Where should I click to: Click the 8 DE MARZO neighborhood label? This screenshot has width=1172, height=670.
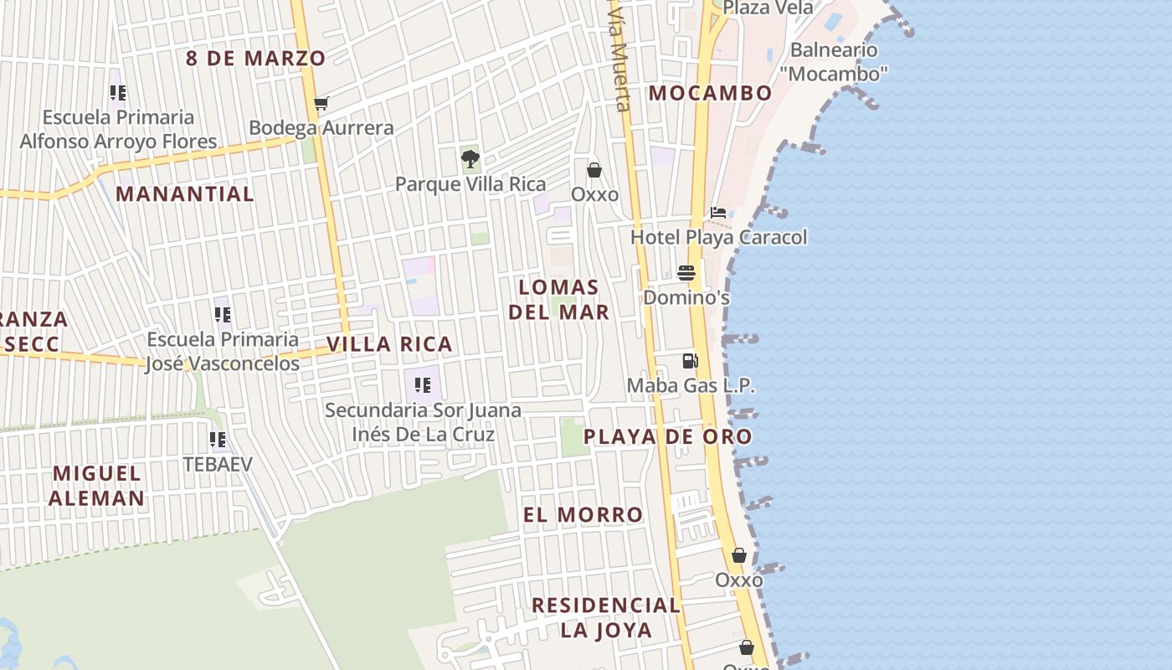tap(255, 59)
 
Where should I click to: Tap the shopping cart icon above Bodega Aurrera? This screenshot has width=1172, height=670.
tap(321, 104)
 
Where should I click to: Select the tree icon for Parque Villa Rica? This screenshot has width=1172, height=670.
tap(470, 157)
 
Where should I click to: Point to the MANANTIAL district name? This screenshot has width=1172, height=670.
tap(184, 194)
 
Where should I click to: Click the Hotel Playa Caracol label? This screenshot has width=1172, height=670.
tap(718, 237)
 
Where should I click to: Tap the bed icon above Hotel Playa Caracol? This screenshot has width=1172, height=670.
tap(718, 213)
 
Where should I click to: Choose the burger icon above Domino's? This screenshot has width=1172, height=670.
tap(686, 273)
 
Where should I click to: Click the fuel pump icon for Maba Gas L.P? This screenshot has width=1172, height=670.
tap(691, 361)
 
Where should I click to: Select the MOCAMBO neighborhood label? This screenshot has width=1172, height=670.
tap(710, 93)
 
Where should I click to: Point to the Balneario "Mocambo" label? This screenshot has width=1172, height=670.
tap(833, 62)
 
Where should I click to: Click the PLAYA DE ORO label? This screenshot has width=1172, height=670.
tap(667, 436)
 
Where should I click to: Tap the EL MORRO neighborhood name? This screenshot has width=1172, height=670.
tap(583, 514)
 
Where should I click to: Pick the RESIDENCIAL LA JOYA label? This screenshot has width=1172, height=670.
tap(606, 617)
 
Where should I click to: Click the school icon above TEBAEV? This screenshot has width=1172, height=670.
tap(218, 440)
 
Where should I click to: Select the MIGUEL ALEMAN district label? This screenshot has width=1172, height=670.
tap(96, 486)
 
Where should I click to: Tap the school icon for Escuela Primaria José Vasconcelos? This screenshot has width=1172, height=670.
tap(222, 315)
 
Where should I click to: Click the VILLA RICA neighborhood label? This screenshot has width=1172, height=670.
tap(389, 344)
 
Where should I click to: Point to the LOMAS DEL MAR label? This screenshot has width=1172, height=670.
tap(558, 299)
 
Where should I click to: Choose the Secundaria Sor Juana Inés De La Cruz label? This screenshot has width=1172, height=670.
tap(423, 422)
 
